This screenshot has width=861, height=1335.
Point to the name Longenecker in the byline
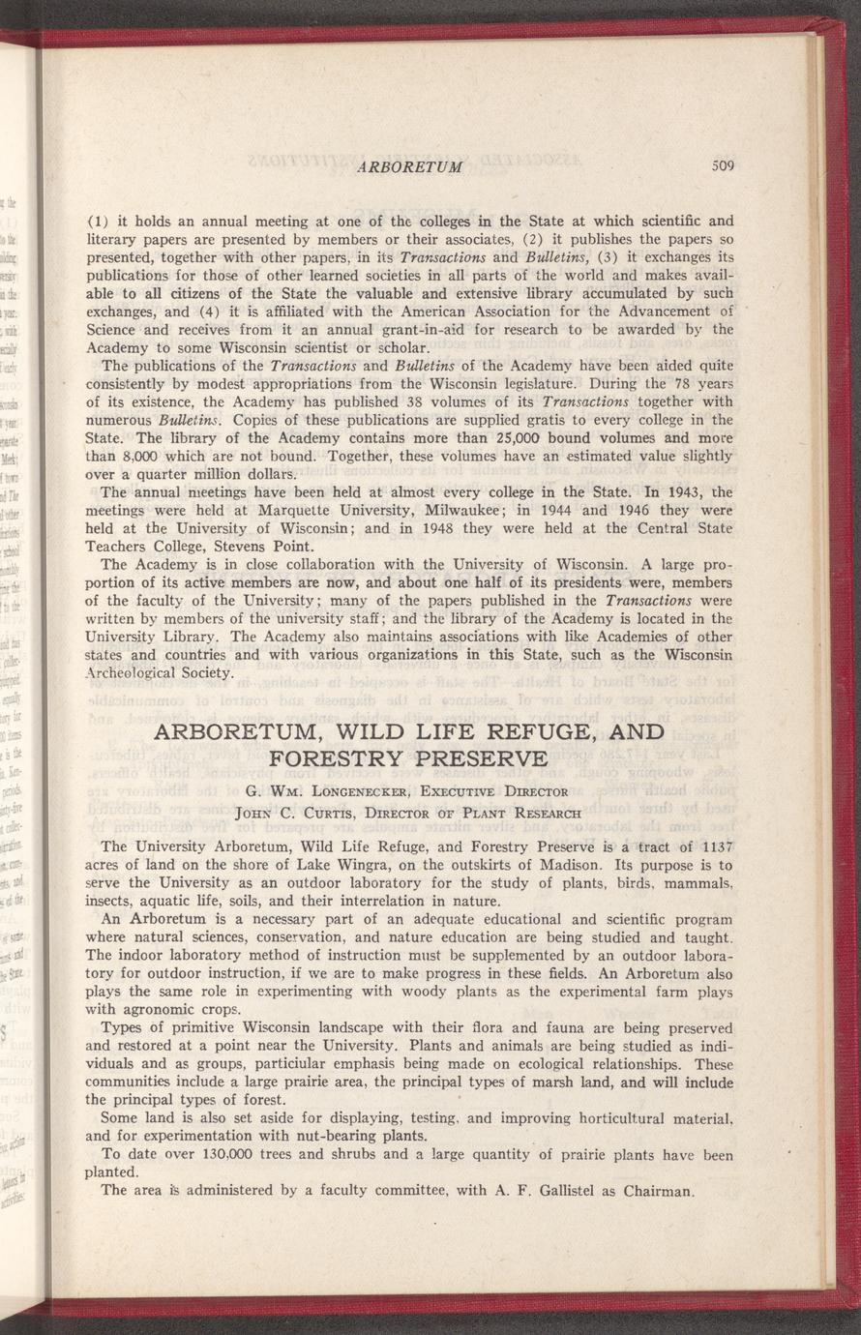coord(354,791)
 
